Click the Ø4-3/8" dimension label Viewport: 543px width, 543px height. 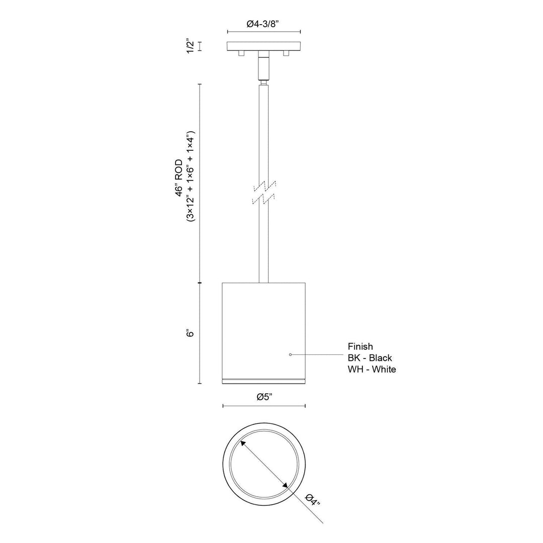coord(263,24)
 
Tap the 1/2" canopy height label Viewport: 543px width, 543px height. coord(190,46)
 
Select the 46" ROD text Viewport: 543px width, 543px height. coord(178,178)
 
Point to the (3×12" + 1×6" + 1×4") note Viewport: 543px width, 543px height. coord(191,176)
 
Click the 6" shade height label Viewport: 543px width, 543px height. coord(190,333)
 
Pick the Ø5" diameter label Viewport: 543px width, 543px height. coord(264,397)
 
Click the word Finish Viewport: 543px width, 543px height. coord(360,346)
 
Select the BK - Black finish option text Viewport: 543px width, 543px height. coord(370,358)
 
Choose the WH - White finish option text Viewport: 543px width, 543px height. coord(372,369)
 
